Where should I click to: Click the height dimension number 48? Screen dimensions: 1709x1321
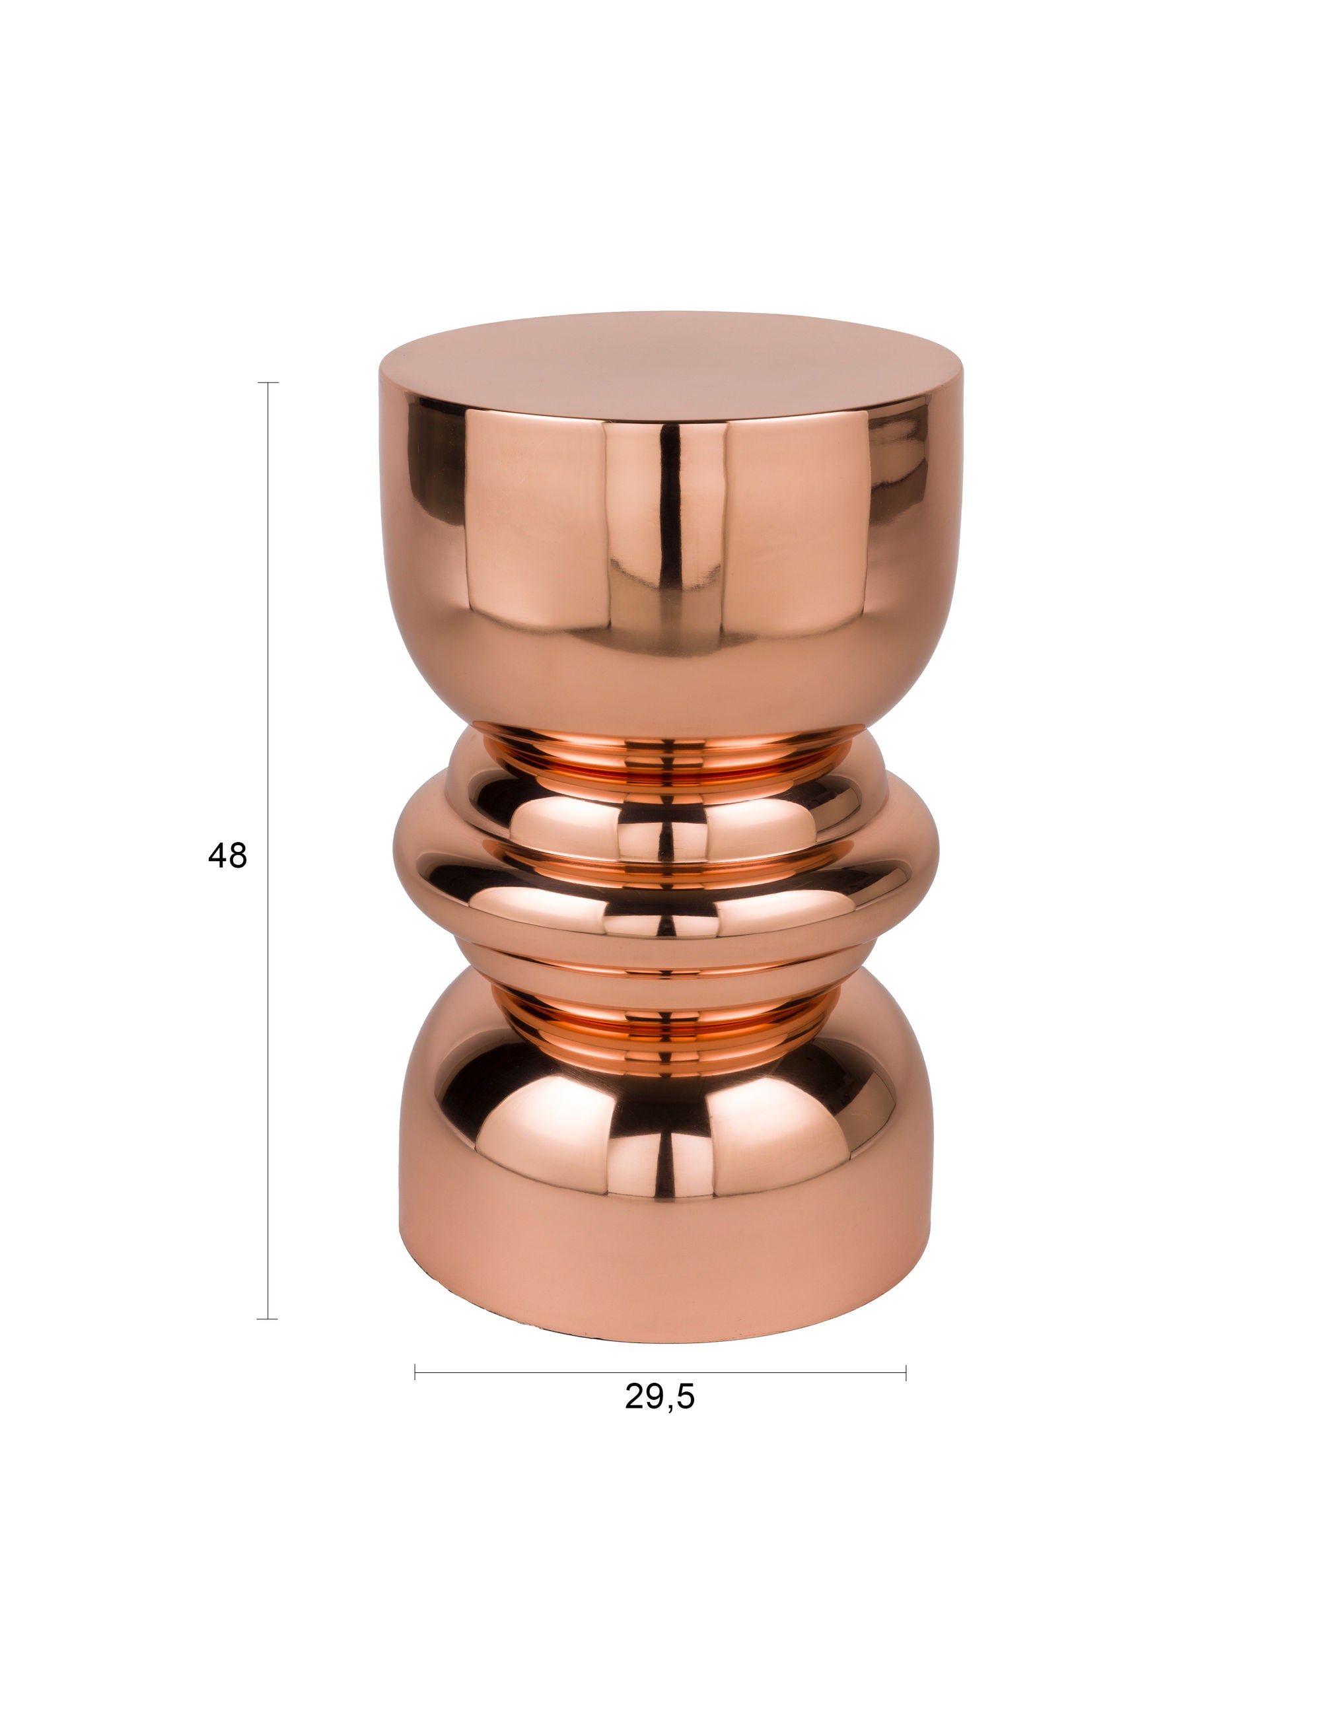pyautogui.click(x=227, y=855)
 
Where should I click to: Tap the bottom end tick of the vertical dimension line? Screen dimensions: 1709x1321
pyautogui.click(x=268, y=1319)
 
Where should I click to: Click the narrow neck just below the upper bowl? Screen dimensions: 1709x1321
pyautogui.click(x=665, y=755)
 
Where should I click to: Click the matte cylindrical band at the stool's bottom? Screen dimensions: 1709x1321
pyautogui.click(x=665, y=1260)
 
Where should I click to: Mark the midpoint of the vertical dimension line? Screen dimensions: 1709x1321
pyautogui.click(x=268, y=851)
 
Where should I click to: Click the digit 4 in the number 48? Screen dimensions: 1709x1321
pyautogui.click(x=217, y=855)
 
